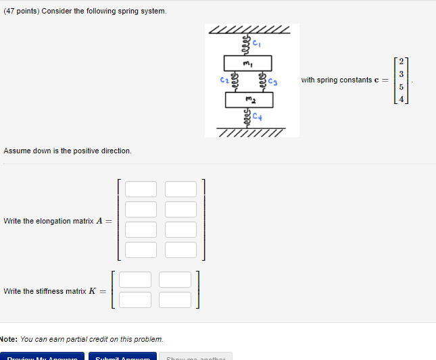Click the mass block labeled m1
click(x=248, y=63)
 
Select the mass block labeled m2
click(x=249, y=100)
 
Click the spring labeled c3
click(x=262, y=82)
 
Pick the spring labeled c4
click(x=248, y=118)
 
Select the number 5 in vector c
click(x=401, y=87)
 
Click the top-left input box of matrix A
click(x=140, y=189)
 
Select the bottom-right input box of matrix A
click(x=180, y=250)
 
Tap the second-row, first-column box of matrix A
click(x=140, y=209)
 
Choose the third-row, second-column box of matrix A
click(x=180, y=230)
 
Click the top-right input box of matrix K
click(x=176, y=280)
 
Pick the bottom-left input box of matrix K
click(x=136, y=299)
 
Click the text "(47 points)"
click(x=21, y=11)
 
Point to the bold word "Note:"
click(x=8, y=338)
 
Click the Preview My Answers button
click(x=42, y=357)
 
